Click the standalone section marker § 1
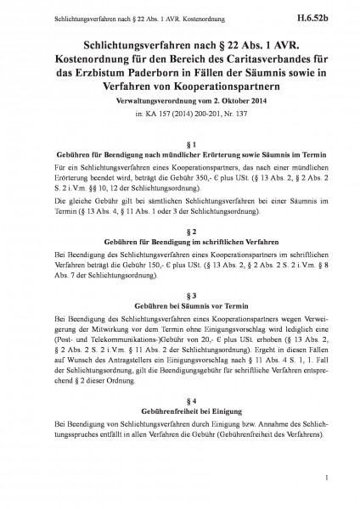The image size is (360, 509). [180, 145]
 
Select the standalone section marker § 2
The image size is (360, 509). [180, 231]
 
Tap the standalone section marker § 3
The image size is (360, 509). [180, 294]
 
